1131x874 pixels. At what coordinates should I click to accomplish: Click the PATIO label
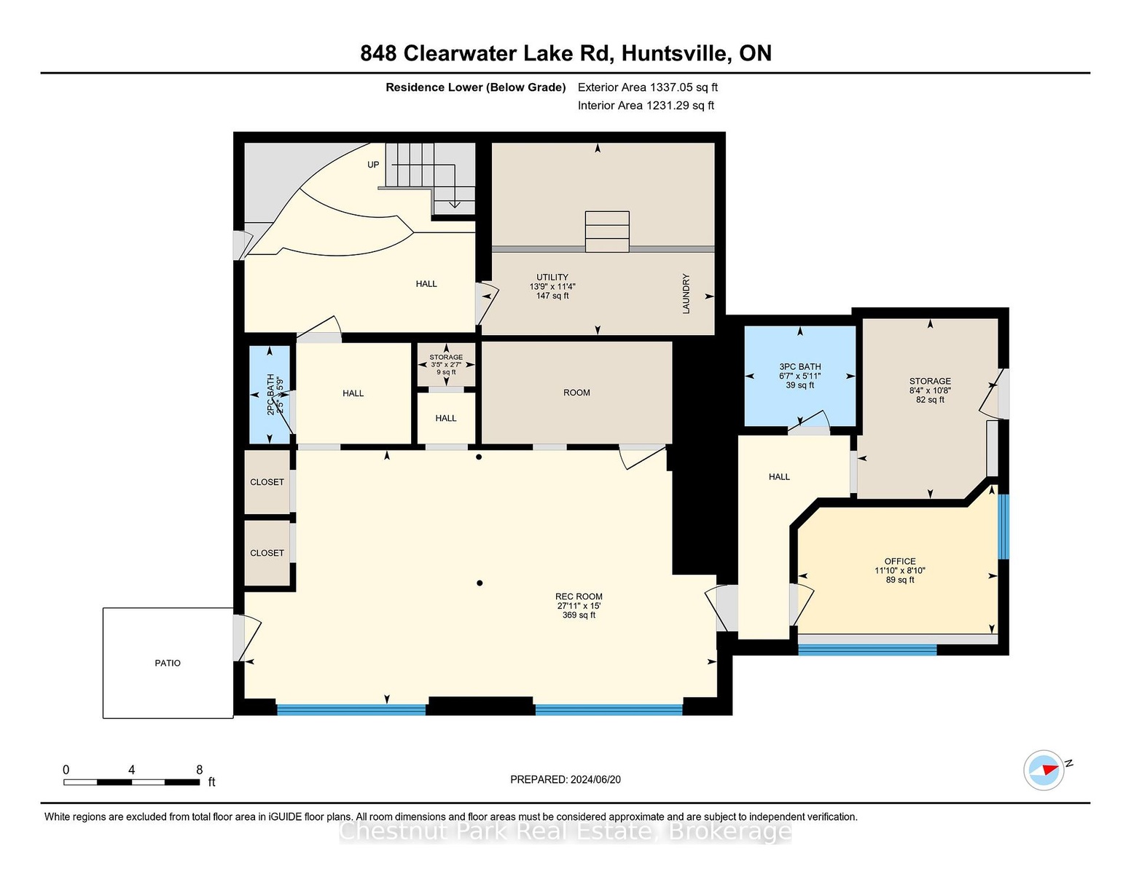(168, 663)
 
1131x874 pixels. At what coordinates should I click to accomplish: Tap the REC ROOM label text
(579, 597)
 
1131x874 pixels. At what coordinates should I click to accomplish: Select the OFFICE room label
(900, 561)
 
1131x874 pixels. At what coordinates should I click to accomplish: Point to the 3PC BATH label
(800, 366)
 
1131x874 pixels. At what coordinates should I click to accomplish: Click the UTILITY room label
(552, 277)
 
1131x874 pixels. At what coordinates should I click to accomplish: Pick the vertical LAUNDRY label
(686, 294)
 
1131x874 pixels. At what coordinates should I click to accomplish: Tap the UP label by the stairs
(373, 165)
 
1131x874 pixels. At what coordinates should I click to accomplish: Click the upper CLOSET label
(267, 482)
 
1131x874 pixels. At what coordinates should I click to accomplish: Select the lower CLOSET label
(267, 553)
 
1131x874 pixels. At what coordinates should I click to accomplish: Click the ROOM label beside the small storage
(576, 393)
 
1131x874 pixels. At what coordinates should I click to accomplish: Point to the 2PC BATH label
(270, 394)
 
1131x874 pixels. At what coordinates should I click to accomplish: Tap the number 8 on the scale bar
(200, 770)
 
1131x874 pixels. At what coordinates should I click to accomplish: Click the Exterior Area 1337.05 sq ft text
(647, 87)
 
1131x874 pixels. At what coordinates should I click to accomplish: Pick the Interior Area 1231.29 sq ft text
(646, 106)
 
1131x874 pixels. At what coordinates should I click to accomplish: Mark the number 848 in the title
(378, 53)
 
